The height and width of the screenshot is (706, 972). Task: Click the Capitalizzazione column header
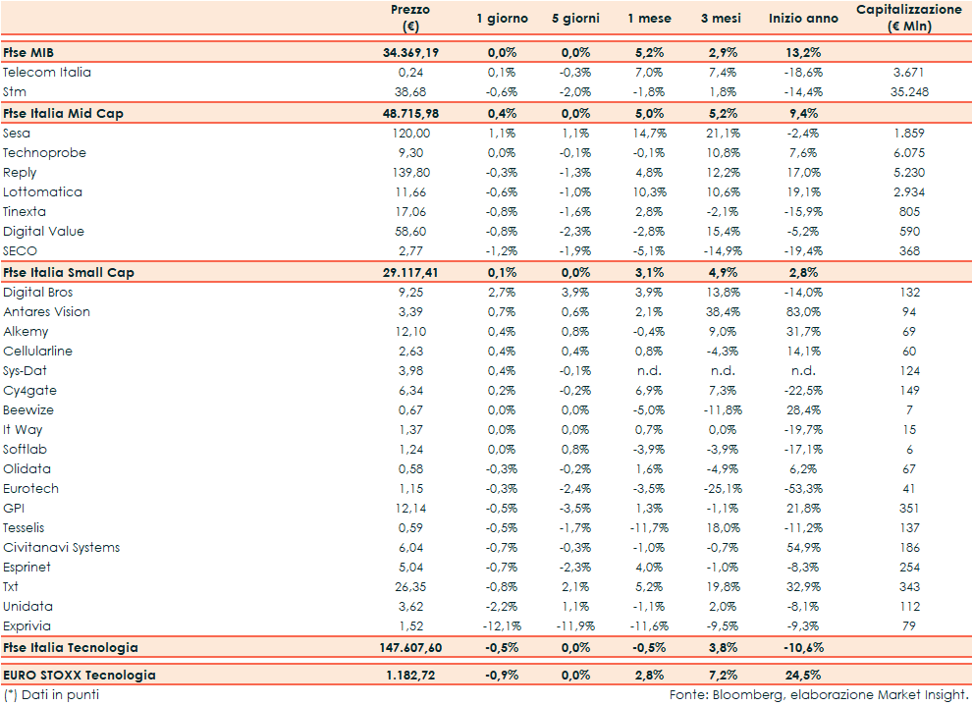908,18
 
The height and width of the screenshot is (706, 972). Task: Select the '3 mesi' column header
720,19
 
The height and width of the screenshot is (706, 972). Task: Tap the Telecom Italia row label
47,72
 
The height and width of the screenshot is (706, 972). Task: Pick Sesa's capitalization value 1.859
908,133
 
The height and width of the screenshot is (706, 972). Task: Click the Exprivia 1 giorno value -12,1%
501,625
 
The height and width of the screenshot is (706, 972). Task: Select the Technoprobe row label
44,152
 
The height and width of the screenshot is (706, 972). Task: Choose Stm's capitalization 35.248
908,91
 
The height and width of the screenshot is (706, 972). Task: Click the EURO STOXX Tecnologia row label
79,675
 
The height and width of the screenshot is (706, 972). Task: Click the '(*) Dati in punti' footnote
51,694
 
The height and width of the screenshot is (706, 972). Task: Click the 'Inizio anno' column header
804,19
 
